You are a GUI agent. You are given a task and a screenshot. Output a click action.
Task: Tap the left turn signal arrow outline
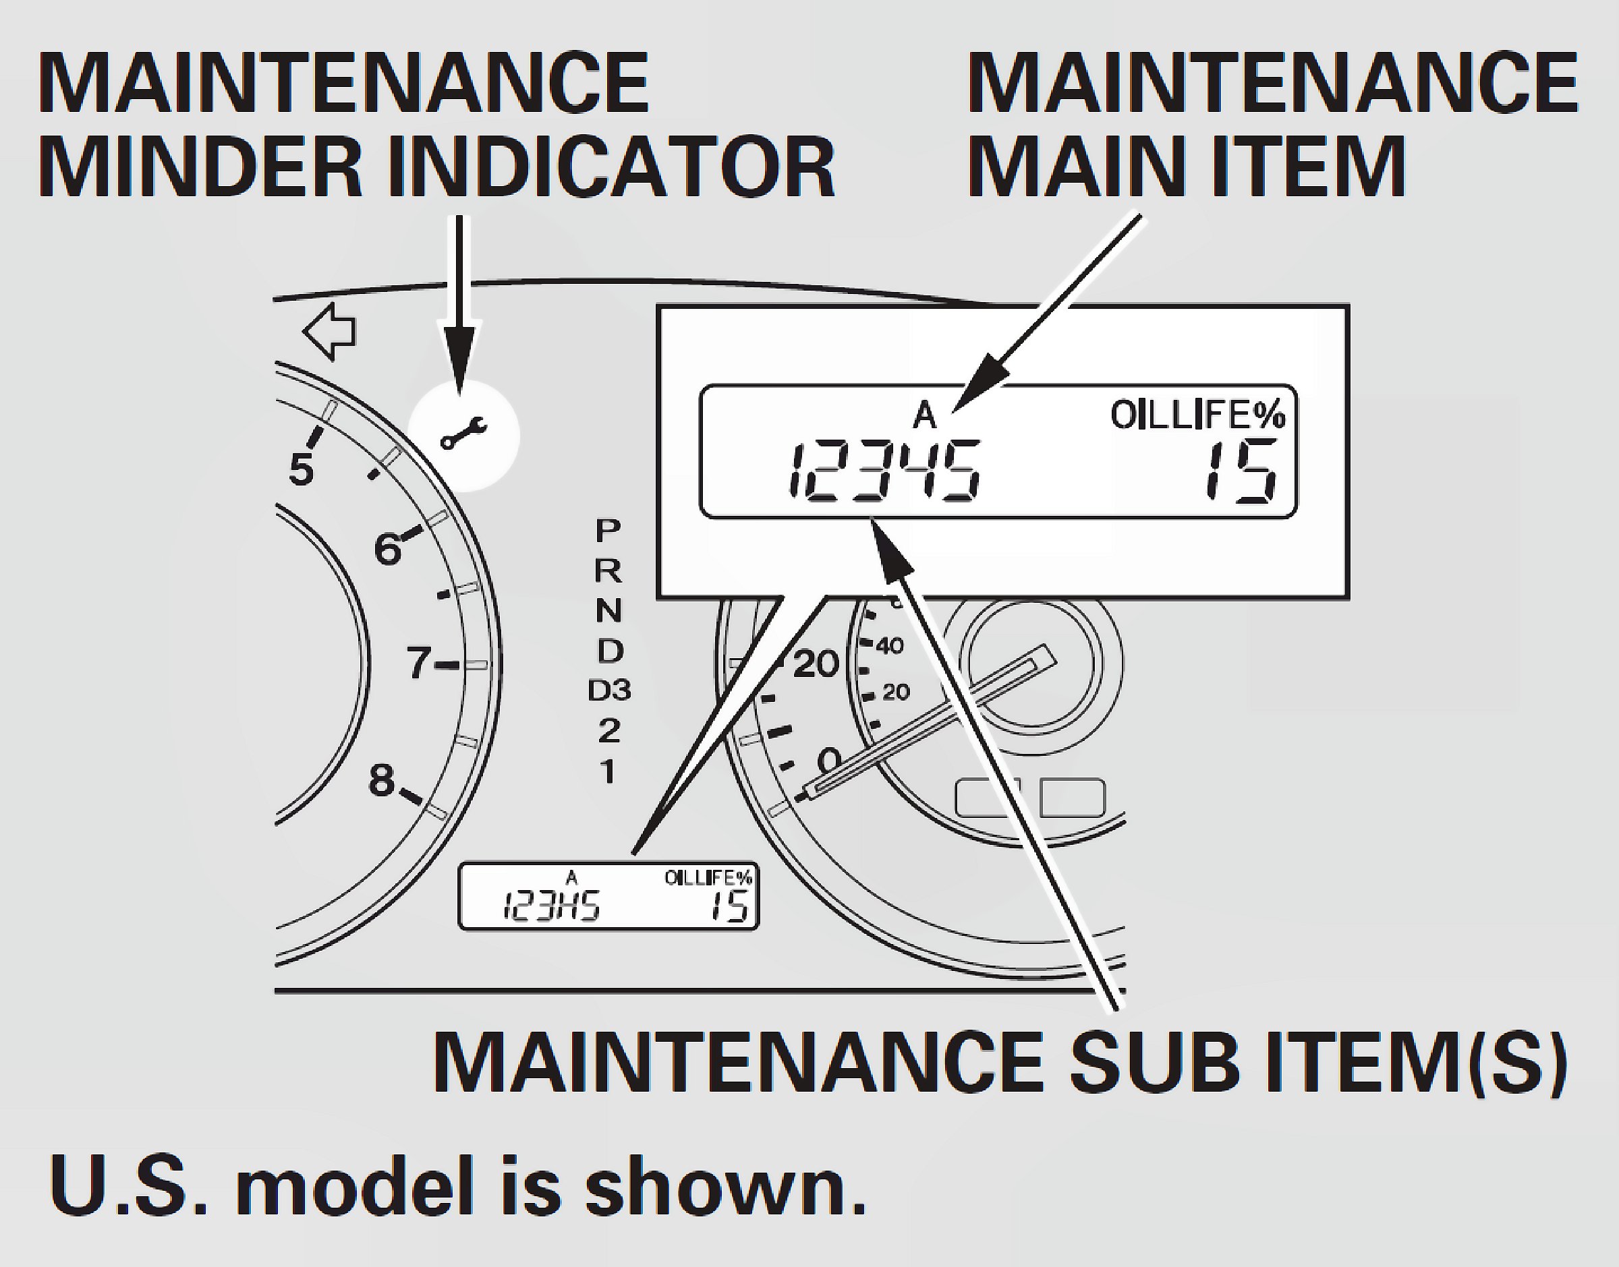pyautogui.click(x=329, y=332)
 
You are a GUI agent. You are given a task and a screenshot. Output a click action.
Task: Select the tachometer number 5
pyautogui.click(x=302, y=469)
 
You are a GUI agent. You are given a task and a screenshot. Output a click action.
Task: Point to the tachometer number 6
pyautogui.click(x=387, y=550)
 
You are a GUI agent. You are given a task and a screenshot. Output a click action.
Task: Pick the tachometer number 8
pyautogui.click(x=381, y=780)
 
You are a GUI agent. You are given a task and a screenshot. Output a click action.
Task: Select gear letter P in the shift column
pyautogui.click(x=608, y=531)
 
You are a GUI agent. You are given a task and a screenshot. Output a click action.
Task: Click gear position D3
pyautogui.click(x=609, y=690)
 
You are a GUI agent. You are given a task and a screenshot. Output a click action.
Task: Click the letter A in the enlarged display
pyautogui.click(x=924, y=415)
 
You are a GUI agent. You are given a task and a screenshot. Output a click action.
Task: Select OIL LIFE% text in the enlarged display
pyautogui.click(x=1197, y=415)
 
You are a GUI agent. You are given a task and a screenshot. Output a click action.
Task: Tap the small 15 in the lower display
pyautogui.click(x=729, y=906)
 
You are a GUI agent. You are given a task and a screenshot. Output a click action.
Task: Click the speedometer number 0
pyautogui.click(x=829, y=760)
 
